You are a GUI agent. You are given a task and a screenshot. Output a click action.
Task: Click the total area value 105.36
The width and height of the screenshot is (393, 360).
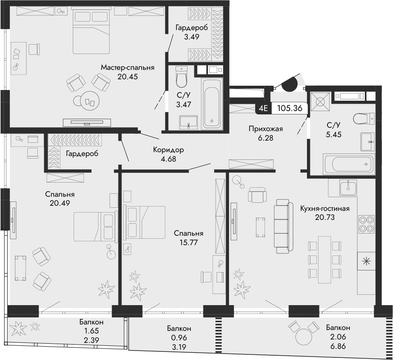(x=290, y=108)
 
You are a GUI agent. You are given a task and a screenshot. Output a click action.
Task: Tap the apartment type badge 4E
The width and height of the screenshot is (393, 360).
(x=263, y=108)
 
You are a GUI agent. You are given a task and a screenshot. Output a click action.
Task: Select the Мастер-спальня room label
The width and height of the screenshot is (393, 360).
(x=128, y=67)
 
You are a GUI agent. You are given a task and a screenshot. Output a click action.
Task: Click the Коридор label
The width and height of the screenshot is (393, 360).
(x=168, y=150)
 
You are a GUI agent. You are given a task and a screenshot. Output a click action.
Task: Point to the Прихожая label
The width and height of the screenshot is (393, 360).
(x=266, y=129)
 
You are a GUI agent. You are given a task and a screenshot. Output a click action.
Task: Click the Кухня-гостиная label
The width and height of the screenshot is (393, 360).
(x=325, y=208)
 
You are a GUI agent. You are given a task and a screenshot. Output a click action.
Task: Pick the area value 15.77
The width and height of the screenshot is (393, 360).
(x=189, y=243)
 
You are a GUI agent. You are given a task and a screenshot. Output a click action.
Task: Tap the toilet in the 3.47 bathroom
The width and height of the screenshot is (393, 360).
(x=182, y=76)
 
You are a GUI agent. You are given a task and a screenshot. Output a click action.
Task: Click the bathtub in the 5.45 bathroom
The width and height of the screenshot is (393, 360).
(x=348, y=164)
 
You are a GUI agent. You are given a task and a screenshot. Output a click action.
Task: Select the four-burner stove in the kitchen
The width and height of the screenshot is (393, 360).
(x=366, y=224)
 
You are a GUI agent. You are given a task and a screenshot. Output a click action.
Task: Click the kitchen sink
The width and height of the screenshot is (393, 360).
(x=348, y=188)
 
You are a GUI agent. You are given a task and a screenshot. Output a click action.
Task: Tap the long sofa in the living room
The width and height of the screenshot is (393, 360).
(x=283, y=226)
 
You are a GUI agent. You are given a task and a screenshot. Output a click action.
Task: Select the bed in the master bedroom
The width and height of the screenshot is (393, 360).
(x=92, y=30)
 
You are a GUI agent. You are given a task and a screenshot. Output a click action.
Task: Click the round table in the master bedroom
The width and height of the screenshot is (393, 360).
(x=90, y=101)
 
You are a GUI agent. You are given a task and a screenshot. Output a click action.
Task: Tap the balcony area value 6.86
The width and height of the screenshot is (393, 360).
(x=338, y=346)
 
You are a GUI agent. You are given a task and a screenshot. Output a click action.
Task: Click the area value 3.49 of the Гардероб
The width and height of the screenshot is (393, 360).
(x=192, y=37)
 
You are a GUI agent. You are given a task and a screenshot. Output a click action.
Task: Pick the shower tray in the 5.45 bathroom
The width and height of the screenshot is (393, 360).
(x=320, y=102)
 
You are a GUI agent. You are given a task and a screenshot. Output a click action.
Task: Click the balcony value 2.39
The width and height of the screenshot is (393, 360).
(x=92, y=340)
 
